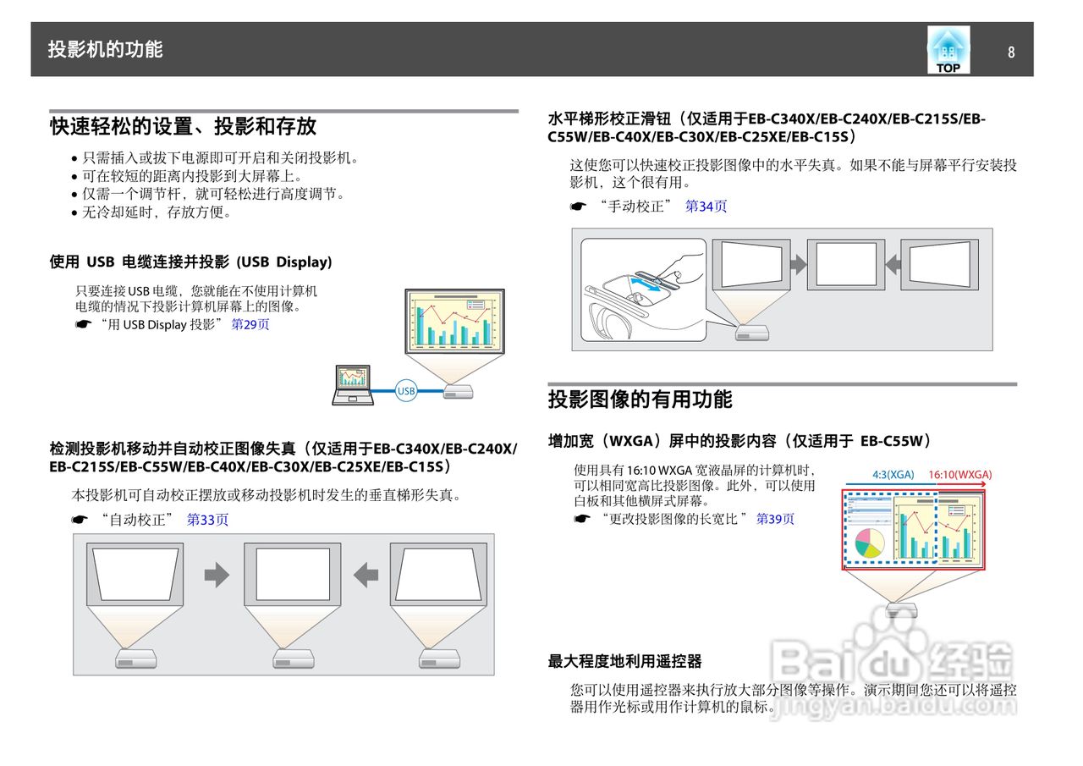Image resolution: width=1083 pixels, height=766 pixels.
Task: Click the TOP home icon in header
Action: tap(948, 50)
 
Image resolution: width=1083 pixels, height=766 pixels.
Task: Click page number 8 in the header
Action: tap(1010, 52)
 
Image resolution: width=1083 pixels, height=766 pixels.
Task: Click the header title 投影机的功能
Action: tap(105, 49)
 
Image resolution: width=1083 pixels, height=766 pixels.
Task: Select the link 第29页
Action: tap(250, 324)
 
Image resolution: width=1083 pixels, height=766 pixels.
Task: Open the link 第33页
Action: tap(207, 520)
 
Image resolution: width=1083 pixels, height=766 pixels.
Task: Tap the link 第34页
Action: tap(706, 206)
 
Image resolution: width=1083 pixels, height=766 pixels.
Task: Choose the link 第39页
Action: tap(775, 519)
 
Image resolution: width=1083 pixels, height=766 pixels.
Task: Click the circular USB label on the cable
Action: tap(406, 391)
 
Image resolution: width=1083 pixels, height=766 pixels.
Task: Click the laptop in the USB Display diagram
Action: tap(351, 385)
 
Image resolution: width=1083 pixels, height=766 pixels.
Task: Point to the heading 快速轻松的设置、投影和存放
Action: tap(183, 126)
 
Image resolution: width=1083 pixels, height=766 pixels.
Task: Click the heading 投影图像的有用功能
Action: tap(640, 400)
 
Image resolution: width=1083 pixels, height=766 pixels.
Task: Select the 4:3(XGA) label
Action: tap(893, 475)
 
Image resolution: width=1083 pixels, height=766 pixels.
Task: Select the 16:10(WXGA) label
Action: tap(959, 475)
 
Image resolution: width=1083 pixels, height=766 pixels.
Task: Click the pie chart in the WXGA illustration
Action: tap(869, 542)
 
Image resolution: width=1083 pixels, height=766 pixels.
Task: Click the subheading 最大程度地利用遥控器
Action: tap(624, 661)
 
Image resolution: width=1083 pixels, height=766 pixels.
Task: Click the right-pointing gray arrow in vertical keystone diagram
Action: tap(217, 576)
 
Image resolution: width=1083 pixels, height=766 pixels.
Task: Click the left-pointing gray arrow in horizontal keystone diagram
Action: tap(892, 264)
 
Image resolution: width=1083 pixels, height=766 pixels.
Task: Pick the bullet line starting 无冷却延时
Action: tap(157, 212)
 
